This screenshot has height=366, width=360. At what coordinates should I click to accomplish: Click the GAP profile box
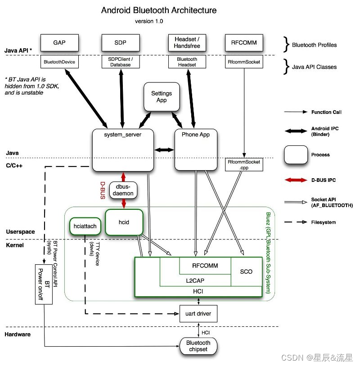tap(59, 42)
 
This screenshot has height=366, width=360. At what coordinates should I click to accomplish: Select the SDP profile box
tap(121, 42)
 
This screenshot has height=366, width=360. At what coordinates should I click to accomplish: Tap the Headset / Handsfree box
tap(187, 42)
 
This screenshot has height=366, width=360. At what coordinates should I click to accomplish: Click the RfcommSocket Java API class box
tap(244, 62)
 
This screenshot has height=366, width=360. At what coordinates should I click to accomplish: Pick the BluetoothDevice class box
tap(59, 62)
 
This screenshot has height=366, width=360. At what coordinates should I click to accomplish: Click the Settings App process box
tap(162, 96)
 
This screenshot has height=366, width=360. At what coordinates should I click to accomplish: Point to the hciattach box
tap(85, 226)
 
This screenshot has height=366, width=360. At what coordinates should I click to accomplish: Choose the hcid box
tap(124, 221)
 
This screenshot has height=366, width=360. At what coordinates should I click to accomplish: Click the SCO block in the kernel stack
tap(246, 271)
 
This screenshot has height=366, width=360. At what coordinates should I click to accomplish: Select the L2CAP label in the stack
tap(195, 280)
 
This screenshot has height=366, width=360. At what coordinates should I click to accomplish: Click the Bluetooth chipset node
tap(198, 346)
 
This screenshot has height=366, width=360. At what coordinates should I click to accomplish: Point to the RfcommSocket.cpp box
tap(244, 164)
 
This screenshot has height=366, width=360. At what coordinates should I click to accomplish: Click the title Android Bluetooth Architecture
tap(159, 10)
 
